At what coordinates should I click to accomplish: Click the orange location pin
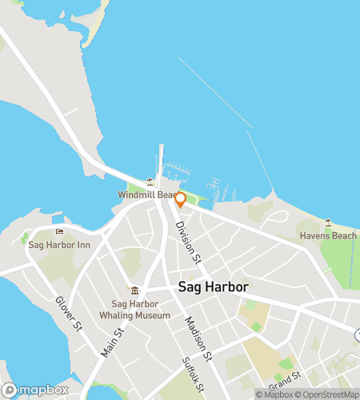180,199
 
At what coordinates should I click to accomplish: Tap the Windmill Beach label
146,195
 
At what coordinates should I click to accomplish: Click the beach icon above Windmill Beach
150,182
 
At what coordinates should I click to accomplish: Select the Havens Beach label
328,235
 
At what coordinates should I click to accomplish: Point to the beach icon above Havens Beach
328,222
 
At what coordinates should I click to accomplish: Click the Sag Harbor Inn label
58,245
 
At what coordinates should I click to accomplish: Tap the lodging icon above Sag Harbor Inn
58,232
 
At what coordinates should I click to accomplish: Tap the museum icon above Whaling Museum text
134,290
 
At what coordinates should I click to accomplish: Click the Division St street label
186,243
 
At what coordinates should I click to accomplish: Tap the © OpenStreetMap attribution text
328,394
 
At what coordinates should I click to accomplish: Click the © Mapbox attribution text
274,394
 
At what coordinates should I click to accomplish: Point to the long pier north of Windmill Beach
161,160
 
